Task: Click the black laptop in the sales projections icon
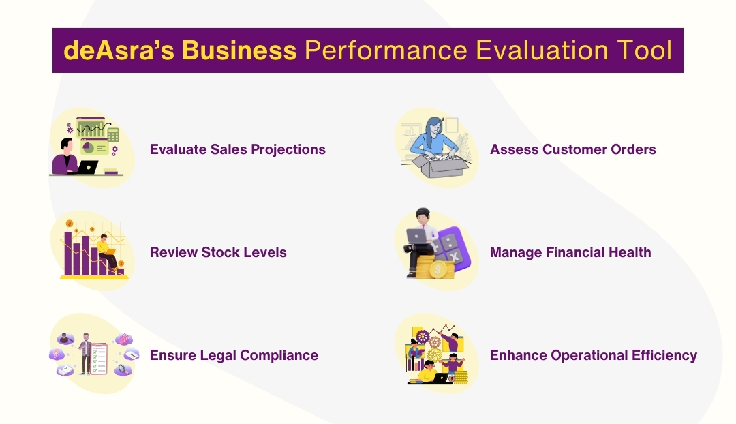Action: pos(88,167)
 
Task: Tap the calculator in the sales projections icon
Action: pos(113,134)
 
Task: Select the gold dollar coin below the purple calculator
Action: pos(440,270)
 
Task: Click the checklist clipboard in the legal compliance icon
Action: pos(98,357)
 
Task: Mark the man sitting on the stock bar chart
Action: pos(105,251)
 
